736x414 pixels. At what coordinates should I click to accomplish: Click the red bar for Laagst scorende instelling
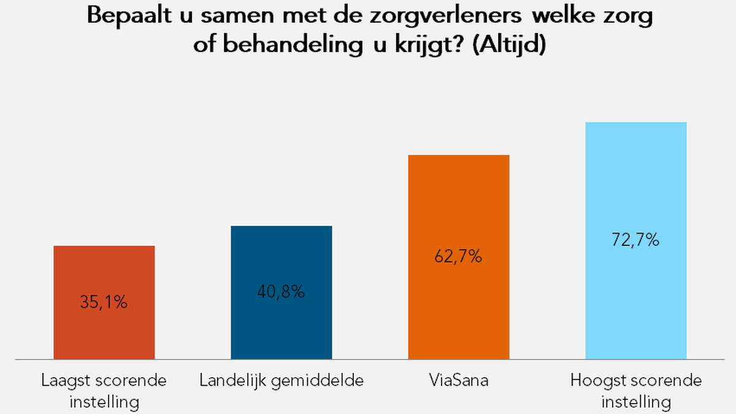(x=104, y=270)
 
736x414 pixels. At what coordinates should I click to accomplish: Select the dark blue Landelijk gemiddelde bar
(x=281, y=258)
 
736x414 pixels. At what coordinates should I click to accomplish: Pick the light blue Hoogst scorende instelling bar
(x=635, y=184)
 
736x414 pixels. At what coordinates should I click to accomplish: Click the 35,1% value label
(x=104, y=302)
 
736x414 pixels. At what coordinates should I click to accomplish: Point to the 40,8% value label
(x=281, y=292)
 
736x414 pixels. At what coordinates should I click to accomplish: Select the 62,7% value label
(x=458, y=256)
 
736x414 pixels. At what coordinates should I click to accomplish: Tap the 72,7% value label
(x=635, y=240)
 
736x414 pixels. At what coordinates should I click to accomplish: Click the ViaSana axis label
(x=459, y=381)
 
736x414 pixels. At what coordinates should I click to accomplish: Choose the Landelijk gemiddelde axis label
(x=282, y=381)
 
